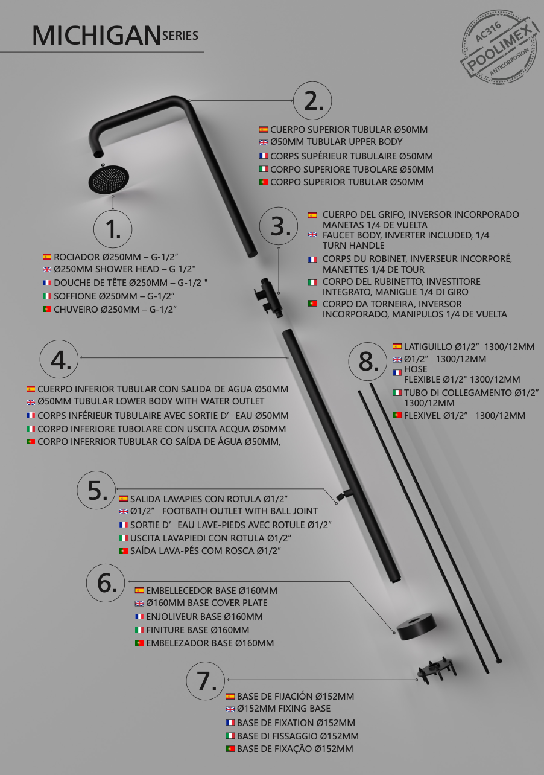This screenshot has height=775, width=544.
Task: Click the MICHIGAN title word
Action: coord(96,36)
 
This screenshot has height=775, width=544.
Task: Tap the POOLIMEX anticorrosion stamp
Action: coord(500,46)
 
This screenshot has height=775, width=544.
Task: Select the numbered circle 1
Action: coord(113,229)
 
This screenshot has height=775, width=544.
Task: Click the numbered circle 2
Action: coord(312,101)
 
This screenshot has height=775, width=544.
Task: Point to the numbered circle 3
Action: coord(279,226)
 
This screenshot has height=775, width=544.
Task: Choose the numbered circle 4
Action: coord(59,359)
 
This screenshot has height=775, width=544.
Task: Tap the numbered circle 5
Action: coord(96,490)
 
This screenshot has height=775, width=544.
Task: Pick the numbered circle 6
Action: coord(106,583)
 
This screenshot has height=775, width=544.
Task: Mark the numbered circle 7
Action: coord(205,681)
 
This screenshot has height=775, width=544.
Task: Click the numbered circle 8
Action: coord(368,362)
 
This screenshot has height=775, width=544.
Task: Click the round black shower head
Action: coord(109,179)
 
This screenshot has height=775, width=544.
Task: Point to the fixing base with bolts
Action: coord(437,670)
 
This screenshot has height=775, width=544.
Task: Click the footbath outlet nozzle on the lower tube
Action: coord(344,495)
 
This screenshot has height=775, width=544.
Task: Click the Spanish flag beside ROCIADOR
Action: coord(47,257)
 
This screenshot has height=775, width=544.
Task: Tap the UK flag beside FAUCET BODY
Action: coord(312,235)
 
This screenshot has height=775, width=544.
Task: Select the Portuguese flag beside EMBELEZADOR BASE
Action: coord(140,643)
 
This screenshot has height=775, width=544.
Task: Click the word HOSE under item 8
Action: coord(416,369)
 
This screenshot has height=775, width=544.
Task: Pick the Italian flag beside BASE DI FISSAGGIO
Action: coord(230,736)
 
